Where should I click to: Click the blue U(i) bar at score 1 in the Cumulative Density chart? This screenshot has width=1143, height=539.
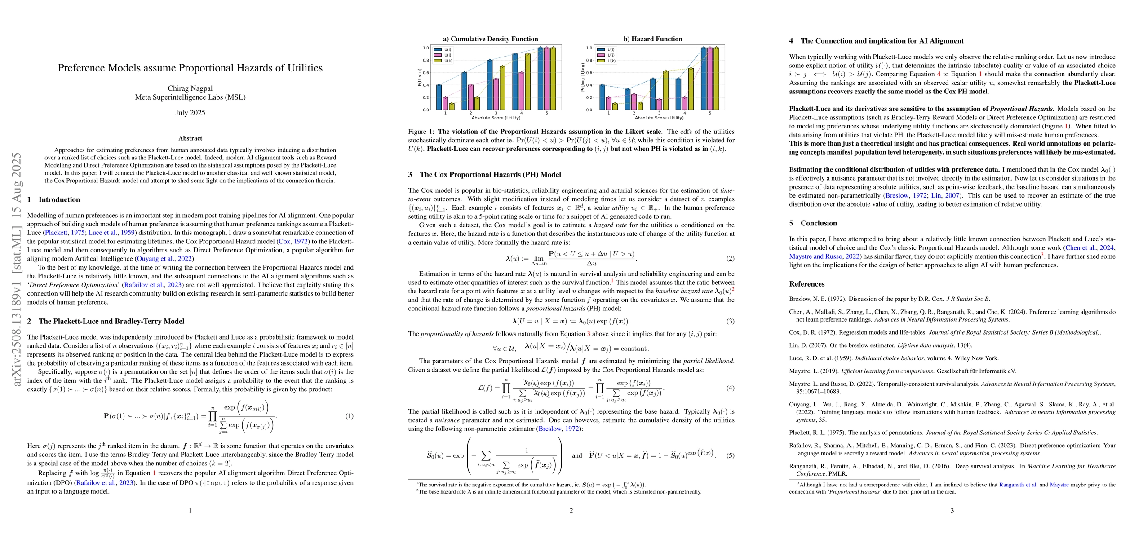[x=439, y=97]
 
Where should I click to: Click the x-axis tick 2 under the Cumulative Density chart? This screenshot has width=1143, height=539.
[x=470, y=113]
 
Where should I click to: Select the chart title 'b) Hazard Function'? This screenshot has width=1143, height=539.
[x=656, y=39]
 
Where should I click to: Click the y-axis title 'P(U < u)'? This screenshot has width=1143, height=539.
[x=419, y=77]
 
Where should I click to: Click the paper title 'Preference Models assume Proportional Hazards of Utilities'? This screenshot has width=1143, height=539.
[x=190, y=68]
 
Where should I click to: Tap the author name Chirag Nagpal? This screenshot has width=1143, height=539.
[x=190, y=88]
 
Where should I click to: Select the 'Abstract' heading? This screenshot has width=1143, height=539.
[x=190, y=138]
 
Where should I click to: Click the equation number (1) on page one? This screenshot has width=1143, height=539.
[x=349, y=416]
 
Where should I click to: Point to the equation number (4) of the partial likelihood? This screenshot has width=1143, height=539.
[x=730, y=388]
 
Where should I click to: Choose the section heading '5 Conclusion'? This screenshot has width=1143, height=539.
[x=813, y=223]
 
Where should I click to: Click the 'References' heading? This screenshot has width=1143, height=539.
[x=807, y=284]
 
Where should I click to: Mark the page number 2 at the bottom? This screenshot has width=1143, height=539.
[x=571, y=510]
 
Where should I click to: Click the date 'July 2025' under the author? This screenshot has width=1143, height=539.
[x=190, y=113]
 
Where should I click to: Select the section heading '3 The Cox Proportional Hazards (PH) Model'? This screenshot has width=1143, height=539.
[x=484, y=175]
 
